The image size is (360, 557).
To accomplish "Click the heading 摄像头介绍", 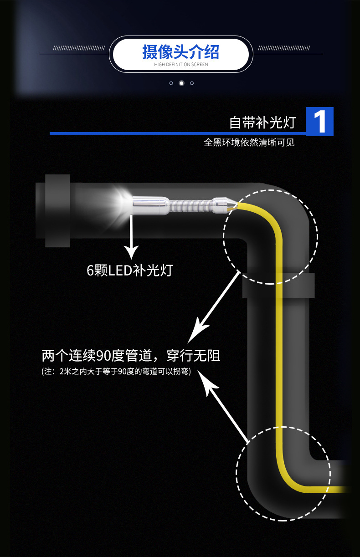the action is tap(180, 52).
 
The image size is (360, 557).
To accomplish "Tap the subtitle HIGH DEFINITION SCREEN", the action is tap(180, 65).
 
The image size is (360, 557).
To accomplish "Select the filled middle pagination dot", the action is tap(181, 83).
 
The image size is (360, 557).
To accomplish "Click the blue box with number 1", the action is tap(319, 121).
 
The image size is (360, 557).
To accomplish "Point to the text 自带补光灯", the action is tap(262, 123).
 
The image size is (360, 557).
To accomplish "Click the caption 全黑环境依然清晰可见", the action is tap(249, 143).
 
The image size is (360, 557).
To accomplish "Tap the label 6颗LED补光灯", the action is tap(130, 270).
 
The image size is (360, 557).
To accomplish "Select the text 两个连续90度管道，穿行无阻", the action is tap(131, 355).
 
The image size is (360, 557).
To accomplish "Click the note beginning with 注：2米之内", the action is tap(116, 372).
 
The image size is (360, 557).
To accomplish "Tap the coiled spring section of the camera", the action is tap(190, 205).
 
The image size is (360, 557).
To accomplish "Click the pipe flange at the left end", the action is tap(57, 210).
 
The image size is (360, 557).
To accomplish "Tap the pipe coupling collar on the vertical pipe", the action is tap(278, 285).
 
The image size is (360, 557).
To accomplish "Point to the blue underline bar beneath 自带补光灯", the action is tap(178, 133).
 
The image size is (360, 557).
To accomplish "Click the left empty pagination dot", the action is tap(171, 83).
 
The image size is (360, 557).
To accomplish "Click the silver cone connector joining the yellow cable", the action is tap(224, 204).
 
